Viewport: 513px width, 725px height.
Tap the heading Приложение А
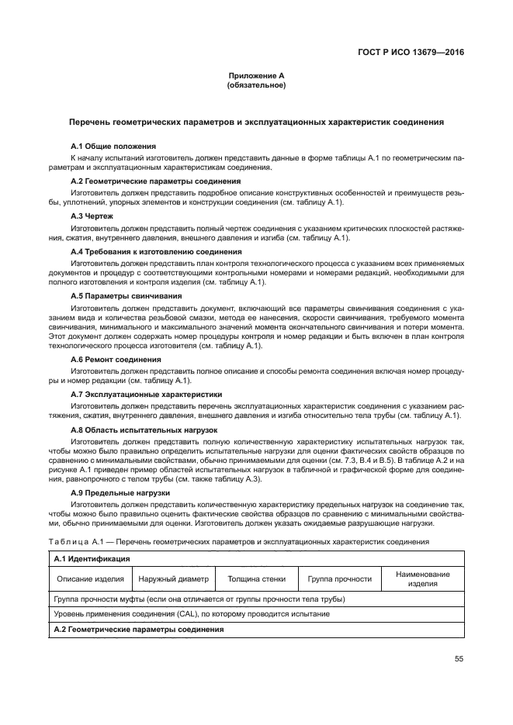256,76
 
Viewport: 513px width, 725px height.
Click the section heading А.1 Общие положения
113,146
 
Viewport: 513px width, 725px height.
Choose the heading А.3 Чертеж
92,216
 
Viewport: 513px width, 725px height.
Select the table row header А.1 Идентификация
91,558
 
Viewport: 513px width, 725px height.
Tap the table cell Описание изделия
91,578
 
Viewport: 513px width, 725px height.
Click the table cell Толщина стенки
256,578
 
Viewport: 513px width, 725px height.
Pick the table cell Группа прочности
339,578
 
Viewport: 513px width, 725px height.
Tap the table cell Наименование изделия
422,578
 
